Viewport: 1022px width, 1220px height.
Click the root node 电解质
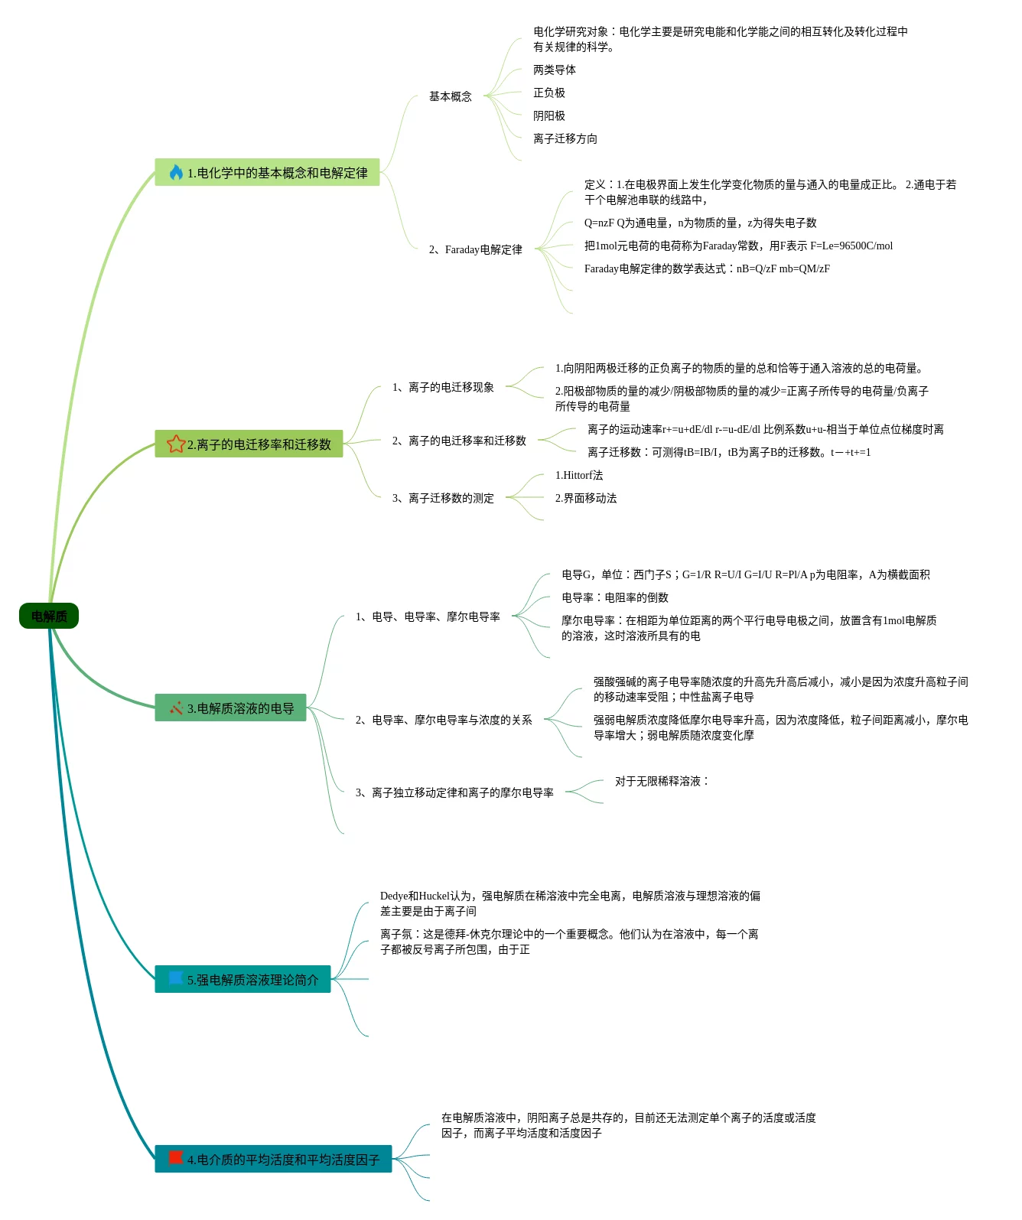[x=49, y=617]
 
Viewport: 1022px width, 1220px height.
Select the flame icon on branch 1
[x=176, y=172]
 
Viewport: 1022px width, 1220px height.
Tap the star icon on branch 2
[x=176, y=444]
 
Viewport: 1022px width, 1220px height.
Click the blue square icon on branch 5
[x=175, y=978]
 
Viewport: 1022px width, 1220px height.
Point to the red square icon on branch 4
[x=175, y=1158]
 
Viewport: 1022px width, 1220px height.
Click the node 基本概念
[x=450, y=96]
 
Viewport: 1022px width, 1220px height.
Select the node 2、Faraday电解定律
[x=475, y=249]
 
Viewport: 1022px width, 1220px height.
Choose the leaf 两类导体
[x=555, y=70]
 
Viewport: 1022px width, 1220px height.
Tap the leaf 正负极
[x=549, y=93]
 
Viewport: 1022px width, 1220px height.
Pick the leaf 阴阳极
[x=549, y=115]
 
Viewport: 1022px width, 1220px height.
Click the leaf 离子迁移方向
[x=565, y=138]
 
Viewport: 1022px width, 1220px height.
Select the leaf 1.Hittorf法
[x=579, y=475]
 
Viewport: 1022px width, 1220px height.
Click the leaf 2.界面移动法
[x=586, y=498]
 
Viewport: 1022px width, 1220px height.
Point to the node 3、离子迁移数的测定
[x=443, y=498]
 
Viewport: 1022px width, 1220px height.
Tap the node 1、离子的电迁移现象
[x=443, y=387]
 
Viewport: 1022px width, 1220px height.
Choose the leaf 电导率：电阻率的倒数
[x=615, y=597]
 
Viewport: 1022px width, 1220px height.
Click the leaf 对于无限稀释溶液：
[x=662, y=781]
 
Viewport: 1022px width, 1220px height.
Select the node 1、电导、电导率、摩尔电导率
[x=428, y=617]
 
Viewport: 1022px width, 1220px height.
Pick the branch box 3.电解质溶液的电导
[x=230, y=708]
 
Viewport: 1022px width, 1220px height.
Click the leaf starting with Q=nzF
[x=700, y=223]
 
